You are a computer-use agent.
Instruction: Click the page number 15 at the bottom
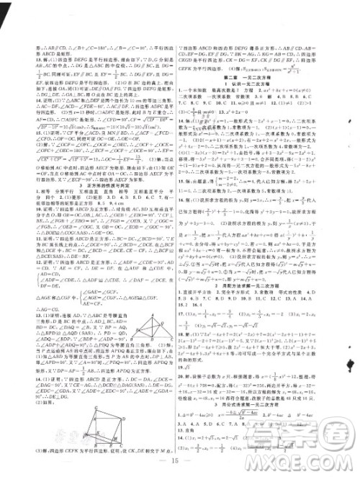pyautogui.click(x=181, y=458)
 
